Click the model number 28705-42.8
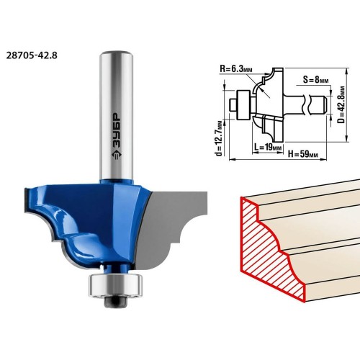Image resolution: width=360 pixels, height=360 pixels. click(32, 55)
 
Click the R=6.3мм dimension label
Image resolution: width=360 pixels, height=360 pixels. click(236, 69)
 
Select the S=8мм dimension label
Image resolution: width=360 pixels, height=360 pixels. click(315, 80)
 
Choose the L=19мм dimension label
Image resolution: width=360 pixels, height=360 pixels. click(268, 147)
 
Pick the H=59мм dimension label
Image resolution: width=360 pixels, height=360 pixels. click(303, 154)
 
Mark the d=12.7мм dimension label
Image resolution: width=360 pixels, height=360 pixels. click(219, 138)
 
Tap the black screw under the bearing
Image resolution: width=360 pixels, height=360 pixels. click(116, 302)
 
